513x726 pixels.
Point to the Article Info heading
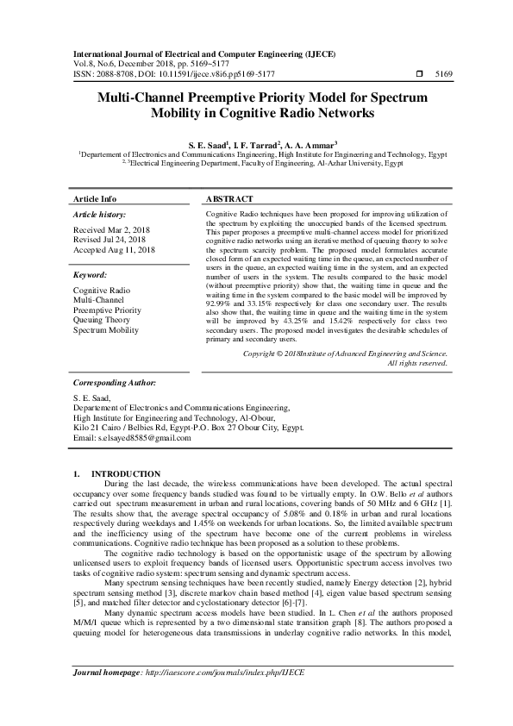point(96,198)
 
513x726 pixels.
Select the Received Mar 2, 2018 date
point(110,230)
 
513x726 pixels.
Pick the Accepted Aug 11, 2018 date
point(114,249)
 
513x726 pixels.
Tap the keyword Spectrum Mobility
point(105,329)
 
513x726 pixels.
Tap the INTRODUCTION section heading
point(125,474)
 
